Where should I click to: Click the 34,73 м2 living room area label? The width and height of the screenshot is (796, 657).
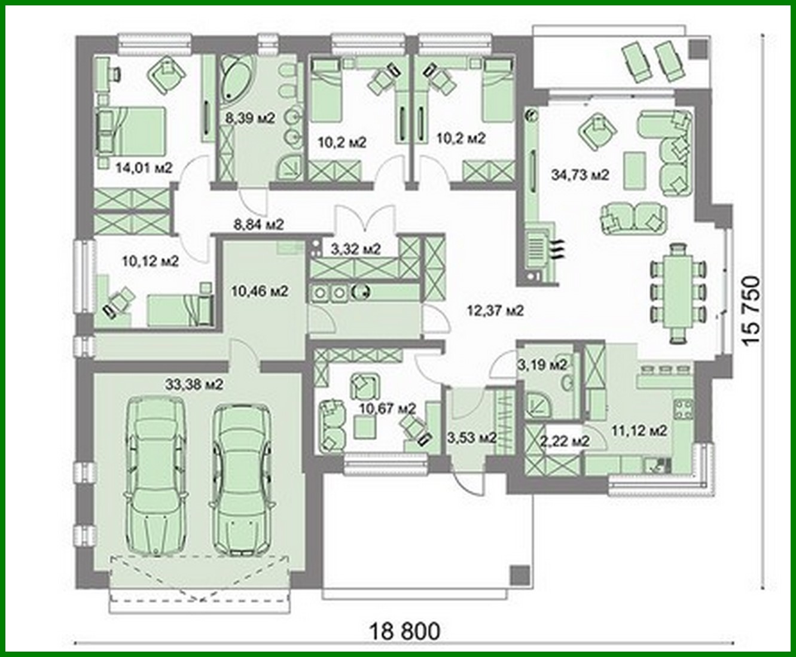coord(579,175)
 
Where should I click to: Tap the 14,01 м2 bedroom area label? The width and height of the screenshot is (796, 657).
coord(144,168)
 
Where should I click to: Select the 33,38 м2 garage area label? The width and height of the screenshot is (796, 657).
coord(193,384)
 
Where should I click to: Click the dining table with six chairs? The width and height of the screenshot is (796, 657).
coord(678,293)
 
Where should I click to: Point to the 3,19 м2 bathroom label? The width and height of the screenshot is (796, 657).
coord(542,364)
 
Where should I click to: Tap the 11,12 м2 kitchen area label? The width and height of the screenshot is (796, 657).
coord(639,430)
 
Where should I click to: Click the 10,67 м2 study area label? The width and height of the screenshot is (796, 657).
coord(387,409)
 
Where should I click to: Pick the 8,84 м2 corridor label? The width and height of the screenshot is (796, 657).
coord(258,224)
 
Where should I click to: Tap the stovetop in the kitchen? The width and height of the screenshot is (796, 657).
coord(683,409)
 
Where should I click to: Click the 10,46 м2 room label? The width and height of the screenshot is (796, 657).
coord(260,291)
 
